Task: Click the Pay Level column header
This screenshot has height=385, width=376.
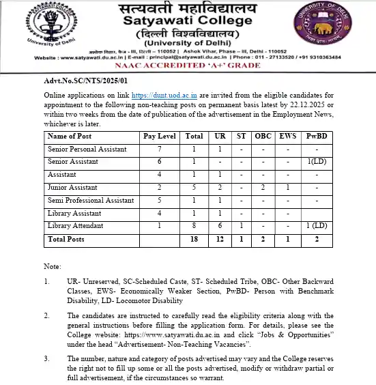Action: tap(160, 136)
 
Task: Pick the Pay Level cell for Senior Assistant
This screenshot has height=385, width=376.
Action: tap(160, 161)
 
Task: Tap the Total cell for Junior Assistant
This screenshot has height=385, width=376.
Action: tap(194, 187)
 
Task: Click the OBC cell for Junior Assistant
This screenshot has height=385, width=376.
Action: tap(263, 187)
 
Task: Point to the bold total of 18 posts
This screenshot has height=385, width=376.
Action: tap(194, 240)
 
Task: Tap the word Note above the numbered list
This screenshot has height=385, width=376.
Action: tap(53, 266)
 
